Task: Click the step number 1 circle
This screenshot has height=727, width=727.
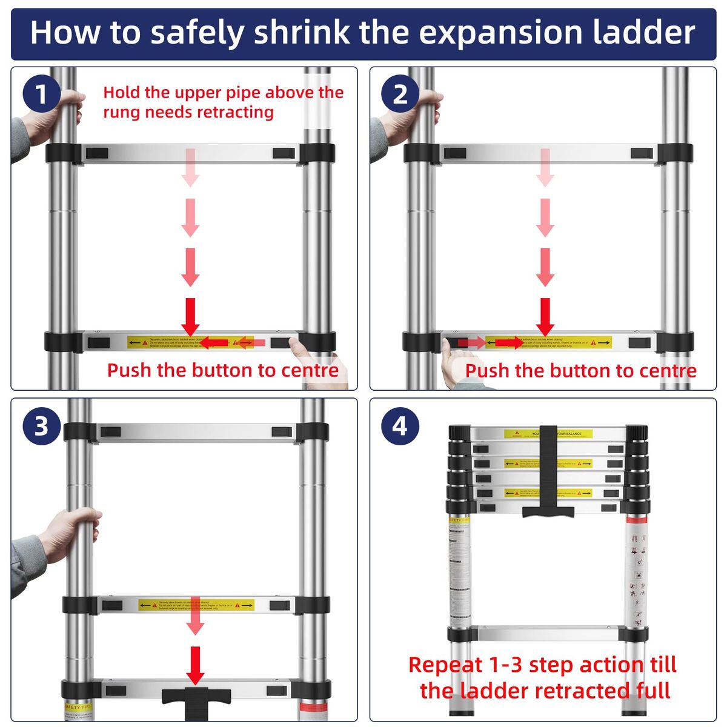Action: click(41, 95)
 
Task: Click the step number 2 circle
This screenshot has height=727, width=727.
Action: click(400, 95)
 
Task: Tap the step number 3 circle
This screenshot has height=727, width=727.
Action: click(41, 426)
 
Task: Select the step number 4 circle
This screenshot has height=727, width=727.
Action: click(400, 426)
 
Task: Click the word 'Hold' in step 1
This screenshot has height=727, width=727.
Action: click(121, 93)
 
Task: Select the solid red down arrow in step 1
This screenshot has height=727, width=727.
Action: click(190, 316)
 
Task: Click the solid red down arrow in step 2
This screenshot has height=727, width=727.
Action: click(545, 316)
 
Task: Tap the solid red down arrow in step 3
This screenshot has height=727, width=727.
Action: click(195, 665)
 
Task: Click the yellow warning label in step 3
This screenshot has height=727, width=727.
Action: click(196, 605)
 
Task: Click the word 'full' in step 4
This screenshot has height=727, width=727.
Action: click(653, 691)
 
